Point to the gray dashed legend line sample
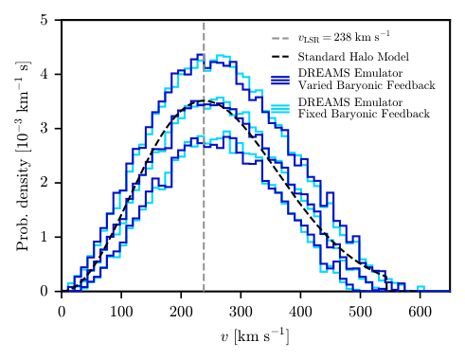tap(280, 39)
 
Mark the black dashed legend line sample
tap(280, 58)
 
